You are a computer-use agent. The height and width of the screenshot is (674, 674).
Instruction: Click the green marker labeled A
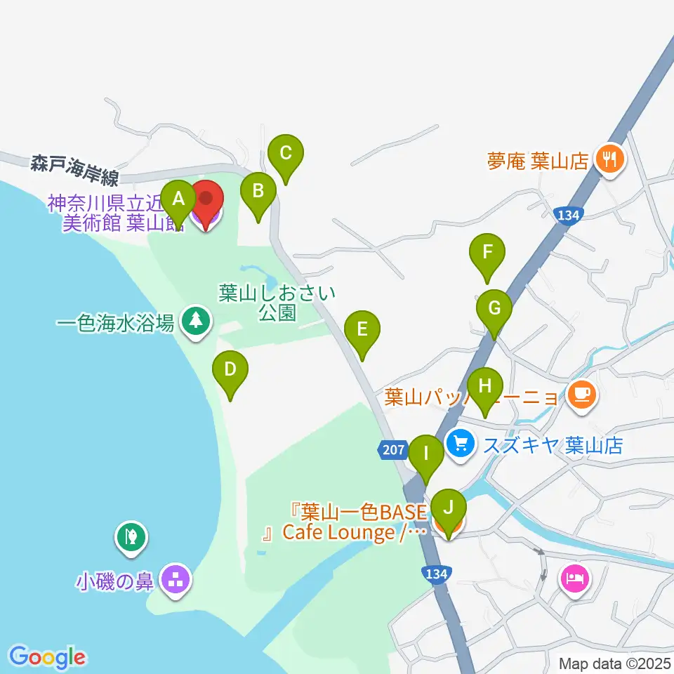click(x=179, y=199)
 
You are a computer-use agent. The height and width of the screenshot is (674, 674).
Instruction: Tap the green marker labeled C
click(x=286, y=153)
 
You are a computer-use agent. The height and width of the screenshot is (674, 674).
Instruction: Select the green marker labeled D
click(x=230, y=369)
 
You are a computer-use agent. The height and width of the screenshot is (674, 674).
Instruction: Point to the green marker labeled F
click(x=487, y=252)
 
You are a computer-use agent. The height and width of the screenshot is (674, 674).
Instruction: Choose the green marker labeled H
click(x=484, y=386)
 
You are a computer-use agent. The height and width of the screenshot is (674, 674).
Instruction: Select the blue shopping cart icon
click(x=461, y=444)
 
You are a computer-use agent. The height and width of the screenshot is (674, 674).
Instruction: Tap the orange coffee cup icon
click(x=582, y=396)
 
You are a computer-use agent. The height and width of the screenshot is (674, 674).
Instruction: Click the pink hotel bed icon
click(x=574, y=579)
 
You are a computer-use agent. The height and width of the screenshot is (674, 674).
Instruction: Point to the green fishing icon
click(x=131, y=538)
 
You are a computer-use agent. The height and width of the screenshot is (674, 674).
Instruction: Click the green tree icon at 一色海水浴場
click(x=196, y=322)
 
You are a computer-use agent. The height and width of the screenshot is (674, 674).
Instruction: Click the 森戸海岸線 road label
click(x=74, y=167)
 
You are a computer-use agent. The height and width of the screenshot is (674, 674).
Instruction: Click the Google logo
click(x=48, y=656)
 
